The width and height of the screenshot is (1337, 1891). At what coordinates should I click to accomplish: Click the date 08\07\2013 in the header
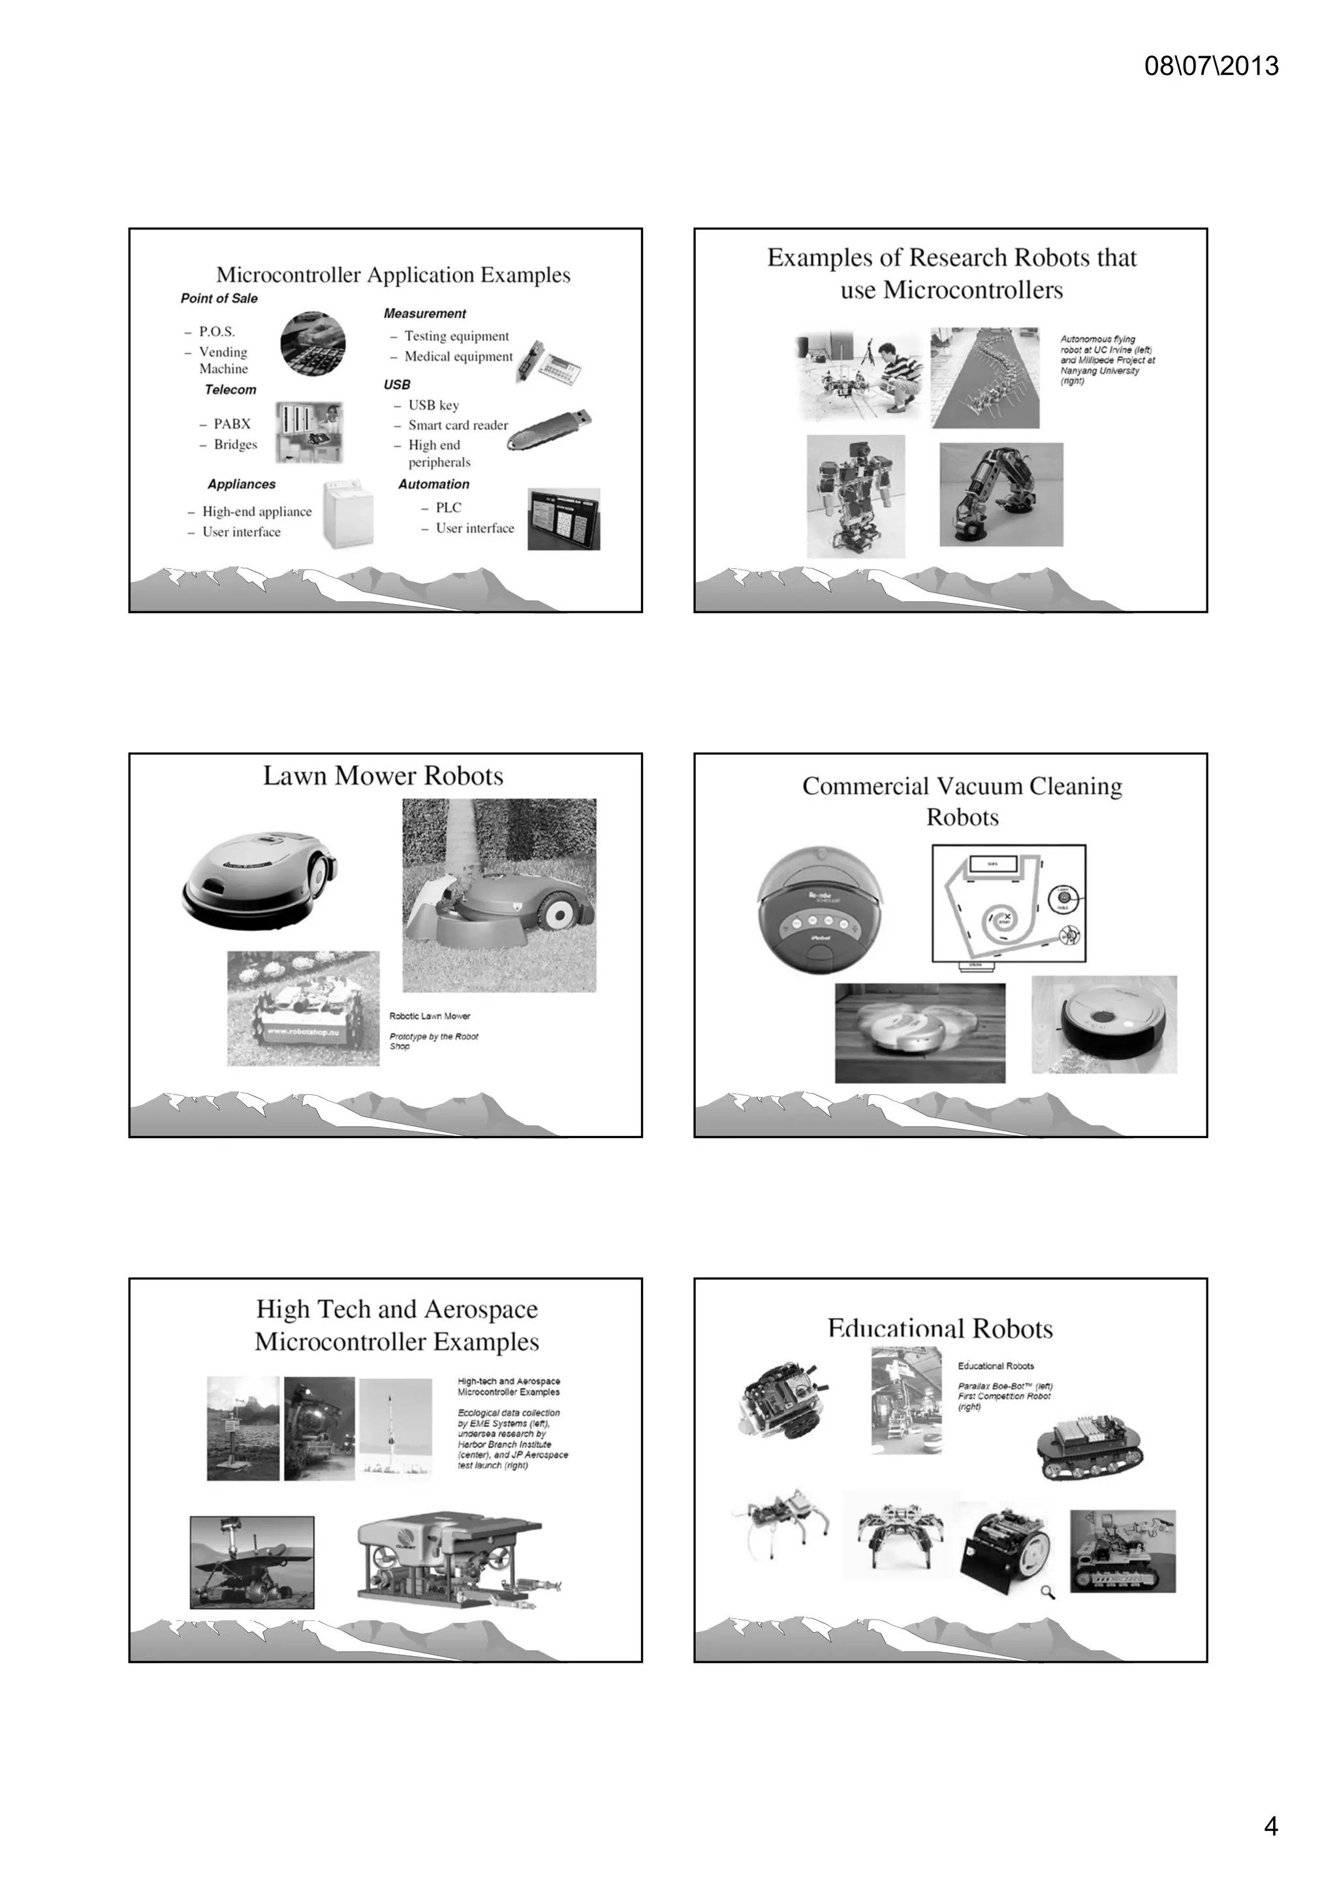[1210, 66]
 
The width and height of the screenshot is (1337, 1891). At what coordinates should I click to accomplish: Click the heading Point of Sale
[219, 298]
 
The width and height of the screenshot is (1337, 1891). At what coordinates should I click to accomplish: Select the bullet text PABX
[232, 424]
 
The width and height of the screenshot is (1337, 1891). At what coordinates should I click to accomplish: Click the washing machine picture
[349, 515]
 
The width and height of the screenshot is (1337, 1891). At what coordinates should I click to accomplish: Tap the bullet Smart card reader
[458, 425]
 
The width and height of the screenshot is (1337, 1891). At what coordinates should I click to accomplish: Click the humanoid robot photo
[855, 497]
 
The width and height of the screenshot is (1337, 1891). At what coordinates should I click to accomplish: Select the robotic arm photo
[1001, 494]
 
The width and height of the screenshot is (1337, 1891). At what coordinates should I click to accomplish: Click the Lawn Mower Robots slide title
[383, 776]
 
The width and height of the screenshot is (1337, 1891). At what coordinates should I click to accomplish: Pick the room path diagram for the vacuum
[1009, 904]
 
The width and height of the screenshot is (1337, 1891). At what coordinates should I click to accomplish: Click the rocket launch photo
[396, 1429]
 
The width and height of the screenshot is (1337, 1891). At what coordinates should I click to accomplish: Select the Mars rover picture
[251, 1562]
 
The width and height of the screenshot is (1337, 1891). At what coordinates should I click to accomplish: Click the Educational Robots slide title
[940, 1329]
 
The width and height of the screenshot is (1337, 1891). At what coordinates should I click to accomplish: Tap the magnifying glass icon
[1048, 1591]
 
